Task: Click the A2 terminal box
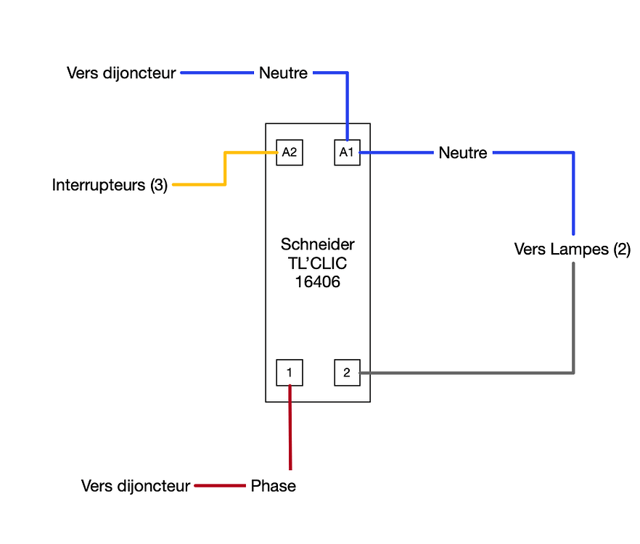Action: (290, 152)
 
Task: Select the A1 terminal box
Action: (347, 152)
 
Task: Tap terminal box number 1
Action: (290, 372)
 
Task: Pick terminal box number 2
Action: (347, 372)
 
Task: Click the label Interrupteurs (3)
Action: (110, 185)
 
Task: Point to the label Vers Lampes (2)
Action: (573, 250)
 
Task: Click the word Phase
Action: (274, 486)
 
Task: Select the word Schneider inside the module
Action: (318, 244)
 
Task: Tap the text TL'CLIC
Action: (318, 263)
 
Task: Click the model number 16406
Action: (318, 281)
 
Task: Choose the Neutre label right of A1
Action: (463, 153)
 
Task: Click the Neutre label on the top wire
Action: (283, 73)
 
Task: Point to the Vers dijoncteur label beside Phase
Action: (136, 486)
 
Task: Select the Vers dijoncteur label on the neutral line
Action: (121, 73)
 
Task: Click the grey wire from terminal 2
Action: (472, 373)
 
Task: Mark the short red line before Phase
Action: (220, 485)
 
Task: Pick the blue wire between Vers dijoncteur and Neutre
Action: (218, 73)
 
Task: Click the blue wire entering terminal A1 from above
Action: (348, 109)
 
